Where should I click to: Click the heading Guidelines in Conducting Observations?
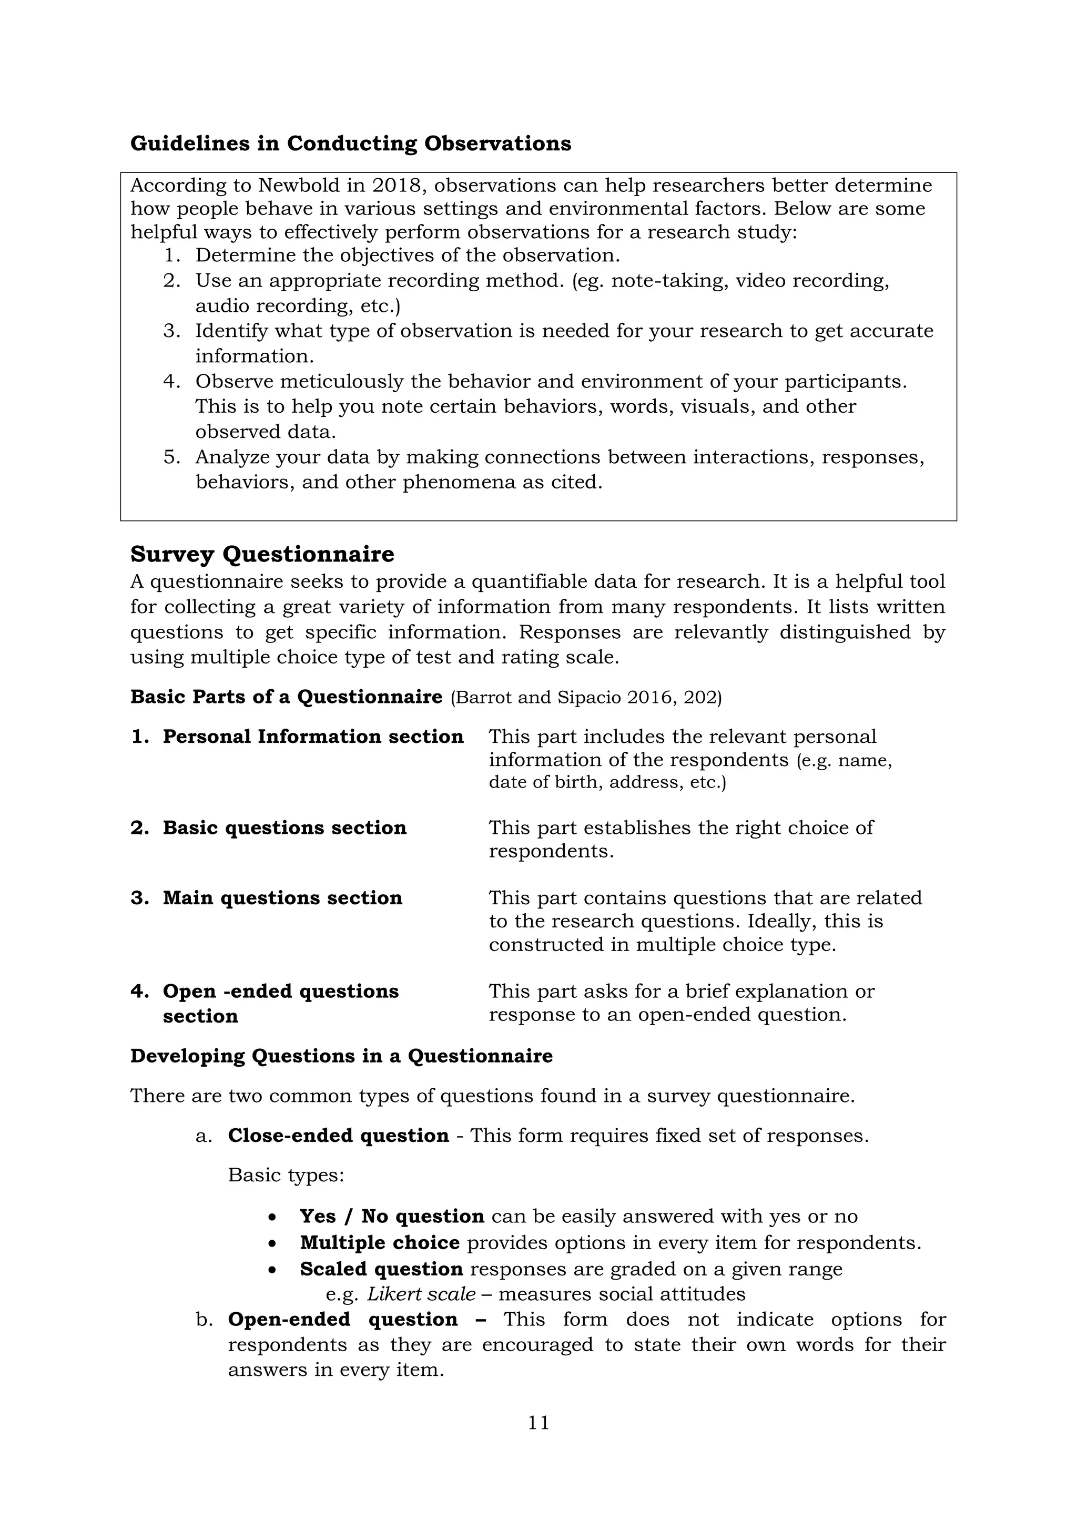coord(350,144)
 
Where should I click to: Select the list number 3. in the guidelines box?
coord(172,331)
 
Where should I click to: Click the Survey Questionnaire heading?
coord(262,554)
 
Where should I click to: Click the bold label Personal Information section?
coord(313,737)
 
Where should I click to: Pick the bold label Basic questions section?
coord(285,828)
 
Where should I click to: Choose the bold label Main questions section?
coord(282,898)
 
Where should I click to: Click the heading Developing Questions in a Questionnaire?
coord(341,1056)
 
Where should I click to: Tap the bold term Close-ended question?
coord(338,1136)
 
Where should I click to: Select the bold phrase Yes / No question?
coord(391,1217)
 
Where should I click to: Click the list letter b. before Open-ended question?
coord(204,1320)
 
